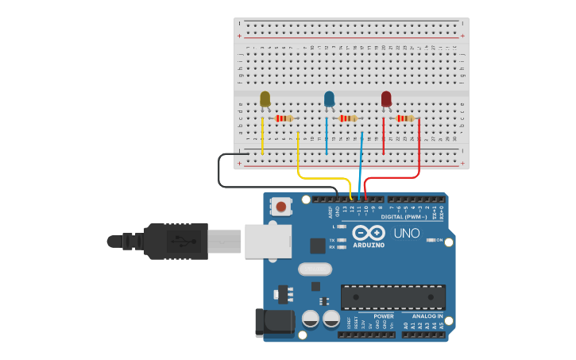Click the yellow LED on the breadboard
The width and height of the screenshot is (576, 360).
point(265,99)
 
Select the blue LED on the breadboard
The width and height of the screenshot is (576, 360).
point(329,99)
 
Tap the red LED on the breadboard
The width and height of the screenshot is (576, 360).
point(386,99)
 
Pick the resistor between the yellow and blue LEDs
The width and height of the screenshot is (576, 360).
point(284,118)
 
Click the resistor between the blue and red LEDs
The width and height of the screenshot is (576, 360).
point(348,118)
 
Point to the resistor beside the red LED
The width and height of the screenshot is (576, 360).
point(405,118)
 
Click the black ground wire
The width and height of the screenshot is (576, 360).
point(220,171)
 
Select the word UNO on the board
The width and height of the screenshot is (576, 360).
point(408,234)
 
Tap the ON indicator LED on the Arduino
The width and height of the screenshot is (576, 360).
point(428,239)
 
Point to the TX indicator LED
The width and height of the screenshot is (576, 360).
point(342,239)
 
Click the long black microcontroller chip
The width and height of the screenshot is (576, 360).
point(393,297)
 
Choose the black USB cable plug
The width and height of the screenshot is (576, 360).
point(175,240)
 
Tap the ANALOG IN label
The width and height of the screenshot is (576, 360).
point(428,316)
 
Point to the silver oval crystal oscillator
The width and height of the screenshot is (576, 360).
point(315,269)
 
